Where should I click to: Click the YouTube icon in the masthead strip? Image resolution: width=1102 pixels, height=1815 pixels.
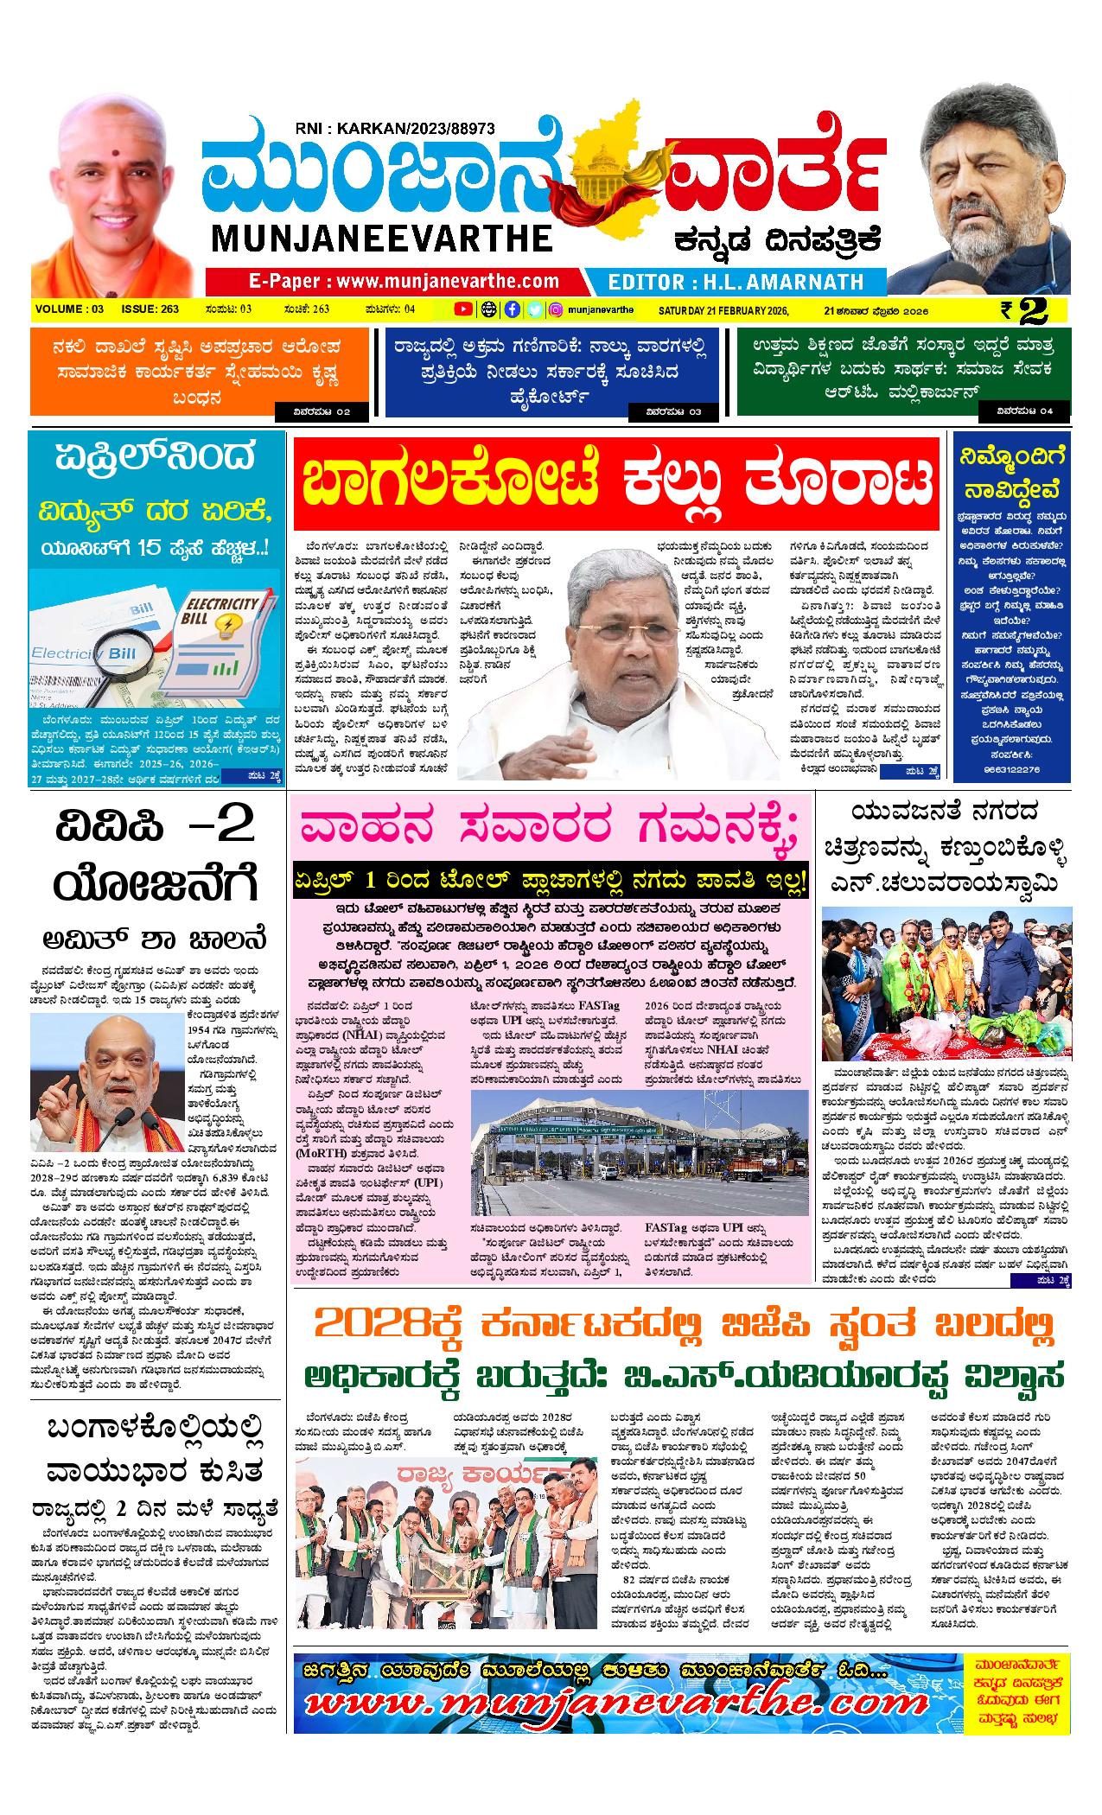[464, 309]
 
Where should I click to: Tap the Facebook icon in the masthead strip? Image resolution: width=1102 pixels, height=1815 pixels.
[512, 309]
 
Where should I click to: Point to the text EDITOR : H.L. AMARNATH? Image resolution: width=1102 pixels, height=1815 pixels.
[736, 282]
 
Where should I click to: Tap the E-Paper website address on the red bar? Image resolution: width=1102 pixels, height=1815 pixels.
[404, 282]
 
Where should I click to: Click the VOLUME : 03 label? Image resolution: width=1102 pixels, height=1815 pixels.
[70, 309]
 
